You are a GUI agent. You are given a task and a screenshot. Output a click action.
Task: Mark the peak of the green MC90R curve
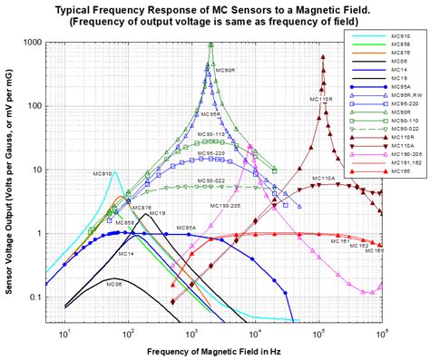pos(210,44)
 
